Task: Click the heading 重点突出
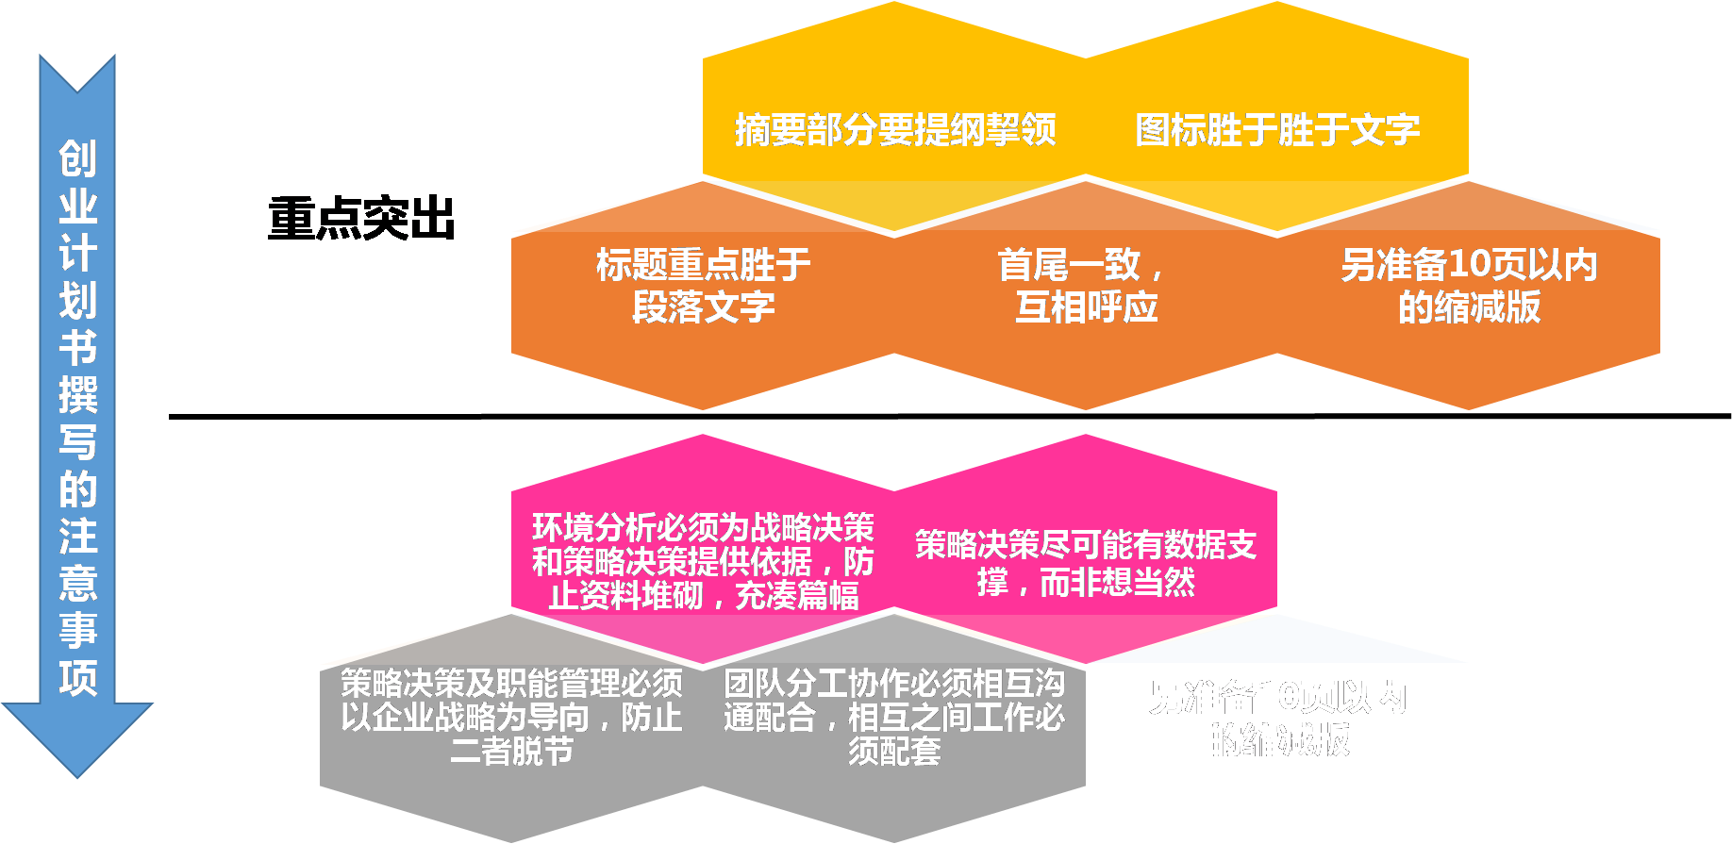click(361, 219)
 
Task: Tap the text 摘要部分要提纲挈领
click(895, 130)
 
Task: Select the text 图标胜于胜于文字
click(1277, 130)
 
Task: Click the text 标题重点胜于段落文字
click(704, 286)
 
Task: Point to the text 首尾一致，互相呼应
click(1086, 286)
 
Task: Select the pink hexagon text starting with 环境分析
click(703, 561)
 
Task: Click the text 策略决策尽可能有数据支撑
click(1086, 563)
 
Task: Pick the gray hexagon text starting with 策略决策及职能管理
click(511, 717)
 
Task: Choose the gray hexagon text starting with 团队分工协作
click(894, 717)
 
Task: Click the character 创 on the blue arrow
click(77, 158)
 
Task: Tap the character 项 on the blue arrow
click(77, 677)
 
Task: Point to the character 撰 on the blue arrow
click(77, 394)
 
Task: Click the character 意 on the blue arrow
click(77, 583)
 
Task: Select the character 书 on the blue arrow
click(77, 347)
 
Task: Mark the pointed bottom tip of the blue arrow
click(77, 775)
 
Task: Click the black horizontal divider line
click(943, 415)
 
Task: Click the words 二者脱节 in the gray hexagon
click(512, 752)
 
